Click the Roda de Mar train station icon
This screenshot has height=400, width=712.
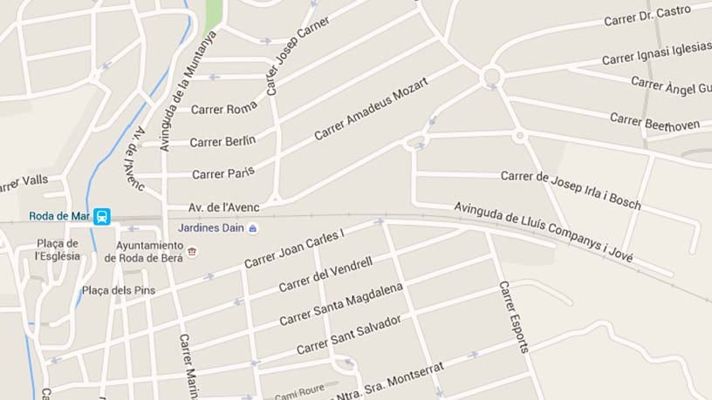click(102, 216)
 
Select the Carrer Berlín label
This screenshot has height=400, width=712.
click(222, 141)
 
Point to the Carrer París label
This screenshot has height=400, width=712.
click(222, 173)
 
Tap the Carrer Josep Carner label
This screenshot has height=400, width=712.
click(297, 54)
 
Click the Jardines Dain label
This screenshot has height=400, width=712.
click(211, 228)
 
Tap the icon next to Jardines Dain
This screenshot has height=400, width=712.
click(253, 228)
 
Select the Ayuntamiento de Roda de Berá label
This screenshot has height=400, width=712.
click(144, 252)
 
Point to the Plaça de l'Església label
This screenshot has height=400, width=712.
click(58, 249)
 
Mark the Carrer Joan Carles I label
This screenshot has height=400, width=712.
click(295, 248)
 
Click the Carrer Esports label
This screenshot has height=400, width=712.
click(514, 315)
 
